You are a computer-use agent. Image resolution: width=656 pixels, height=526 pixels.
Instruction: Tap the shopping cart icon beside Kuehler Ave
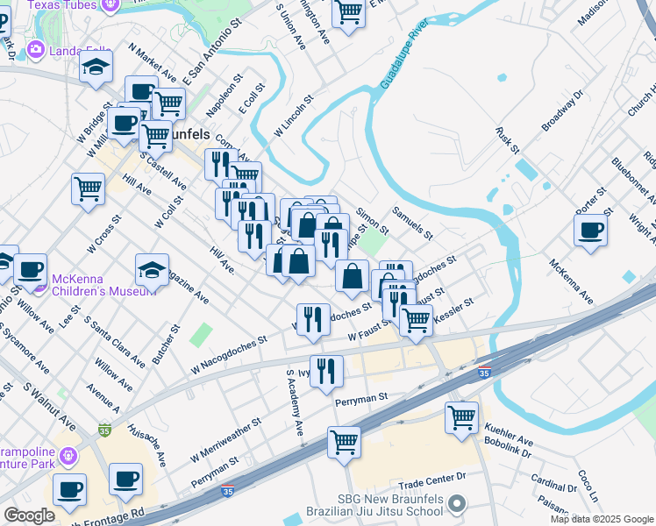pos(461,417)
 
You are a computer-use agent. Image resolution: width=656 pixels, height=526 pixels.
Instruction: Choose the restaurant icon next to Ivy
pos(326,369)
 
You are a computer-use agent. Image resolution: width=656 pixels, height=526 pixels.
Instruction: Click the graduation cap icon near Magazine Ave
pos(152,270)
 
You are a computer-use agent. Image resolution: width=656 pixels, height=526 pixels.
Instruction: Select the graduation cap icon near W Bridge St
pos(96,67)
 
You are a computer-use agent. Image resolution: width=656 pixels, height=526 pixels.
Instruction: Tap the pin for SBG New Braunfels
pos(456,503)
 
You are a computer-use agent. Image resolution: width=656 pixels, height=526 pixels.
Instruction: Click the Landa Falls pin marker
pos(36,49)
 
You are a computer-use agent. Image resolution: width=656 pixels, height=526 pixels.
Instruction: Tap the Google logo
pos(30,515)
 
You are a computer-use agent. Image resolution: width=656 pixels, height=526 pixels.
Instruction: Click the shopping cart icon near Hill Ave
pos(88,188)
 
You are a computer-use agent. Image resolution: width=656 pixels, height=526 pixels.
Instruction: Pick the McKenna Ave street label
pos(571,281)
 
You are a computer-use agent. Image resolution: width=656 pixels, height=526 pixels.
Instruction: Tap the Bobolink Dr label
pos(510,451)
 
